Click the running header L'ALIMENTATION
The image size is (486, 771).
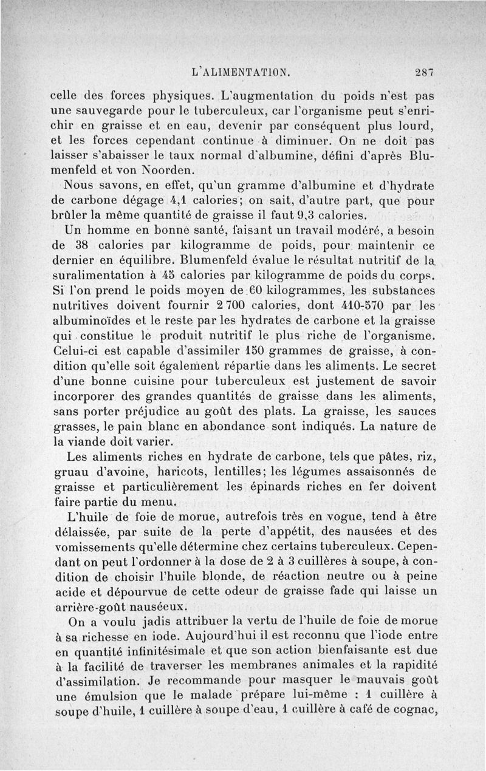tap(241, 71)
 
